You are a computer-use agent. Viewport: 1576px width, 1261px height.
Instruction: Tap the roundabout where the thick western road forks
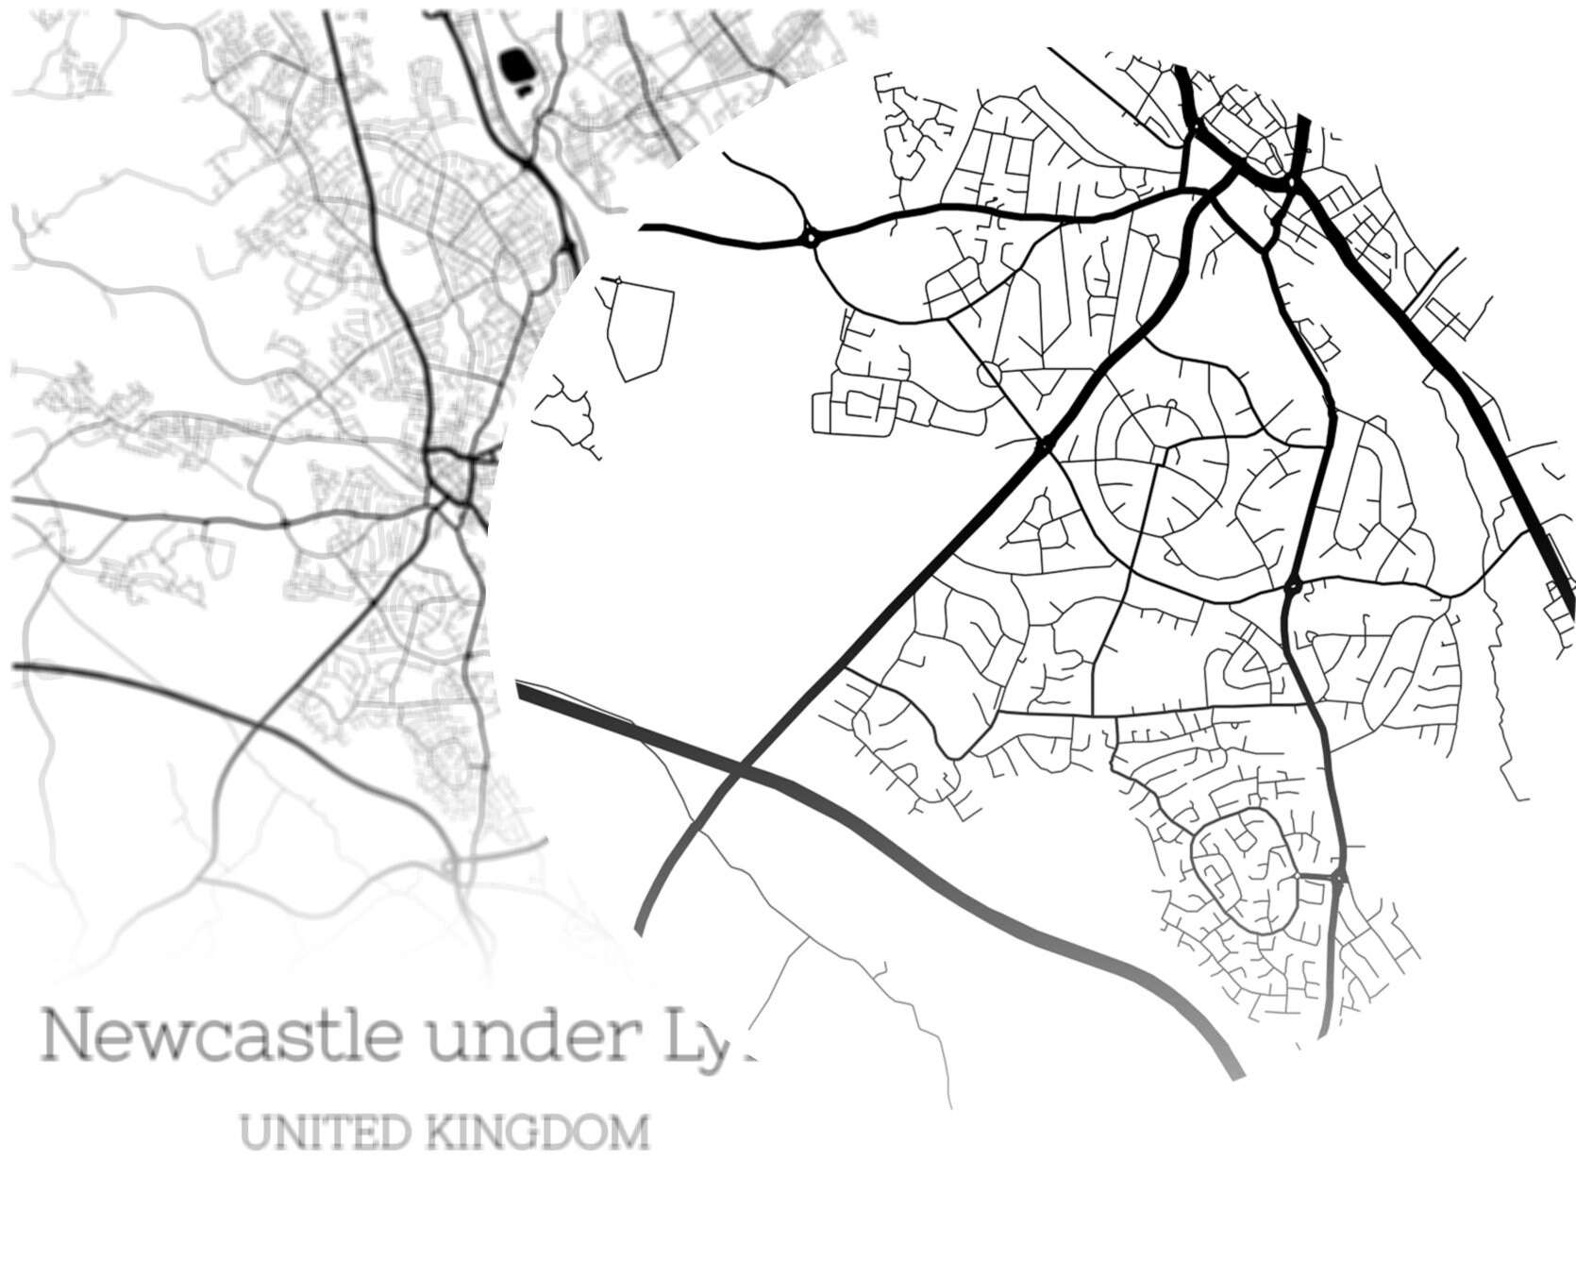pyautogui.click(x=810, y=236)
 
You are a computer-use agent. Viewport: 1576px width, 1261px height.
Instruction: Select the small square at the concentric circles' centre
pyautogui.click(x=1160, y=455)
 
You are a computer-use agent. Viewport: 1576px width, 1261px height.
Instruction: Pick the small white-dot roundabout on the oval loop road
pyautogui.click(x=1299, y=877)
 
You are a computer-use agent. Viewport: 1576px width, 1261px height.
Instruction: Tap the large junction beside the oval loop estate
pyautogui.click(x=1339, y=879)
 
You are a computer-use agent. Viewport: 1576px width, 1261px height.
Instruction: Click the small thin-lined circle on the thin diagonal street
pyautogui.click(x=989, y=373)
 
